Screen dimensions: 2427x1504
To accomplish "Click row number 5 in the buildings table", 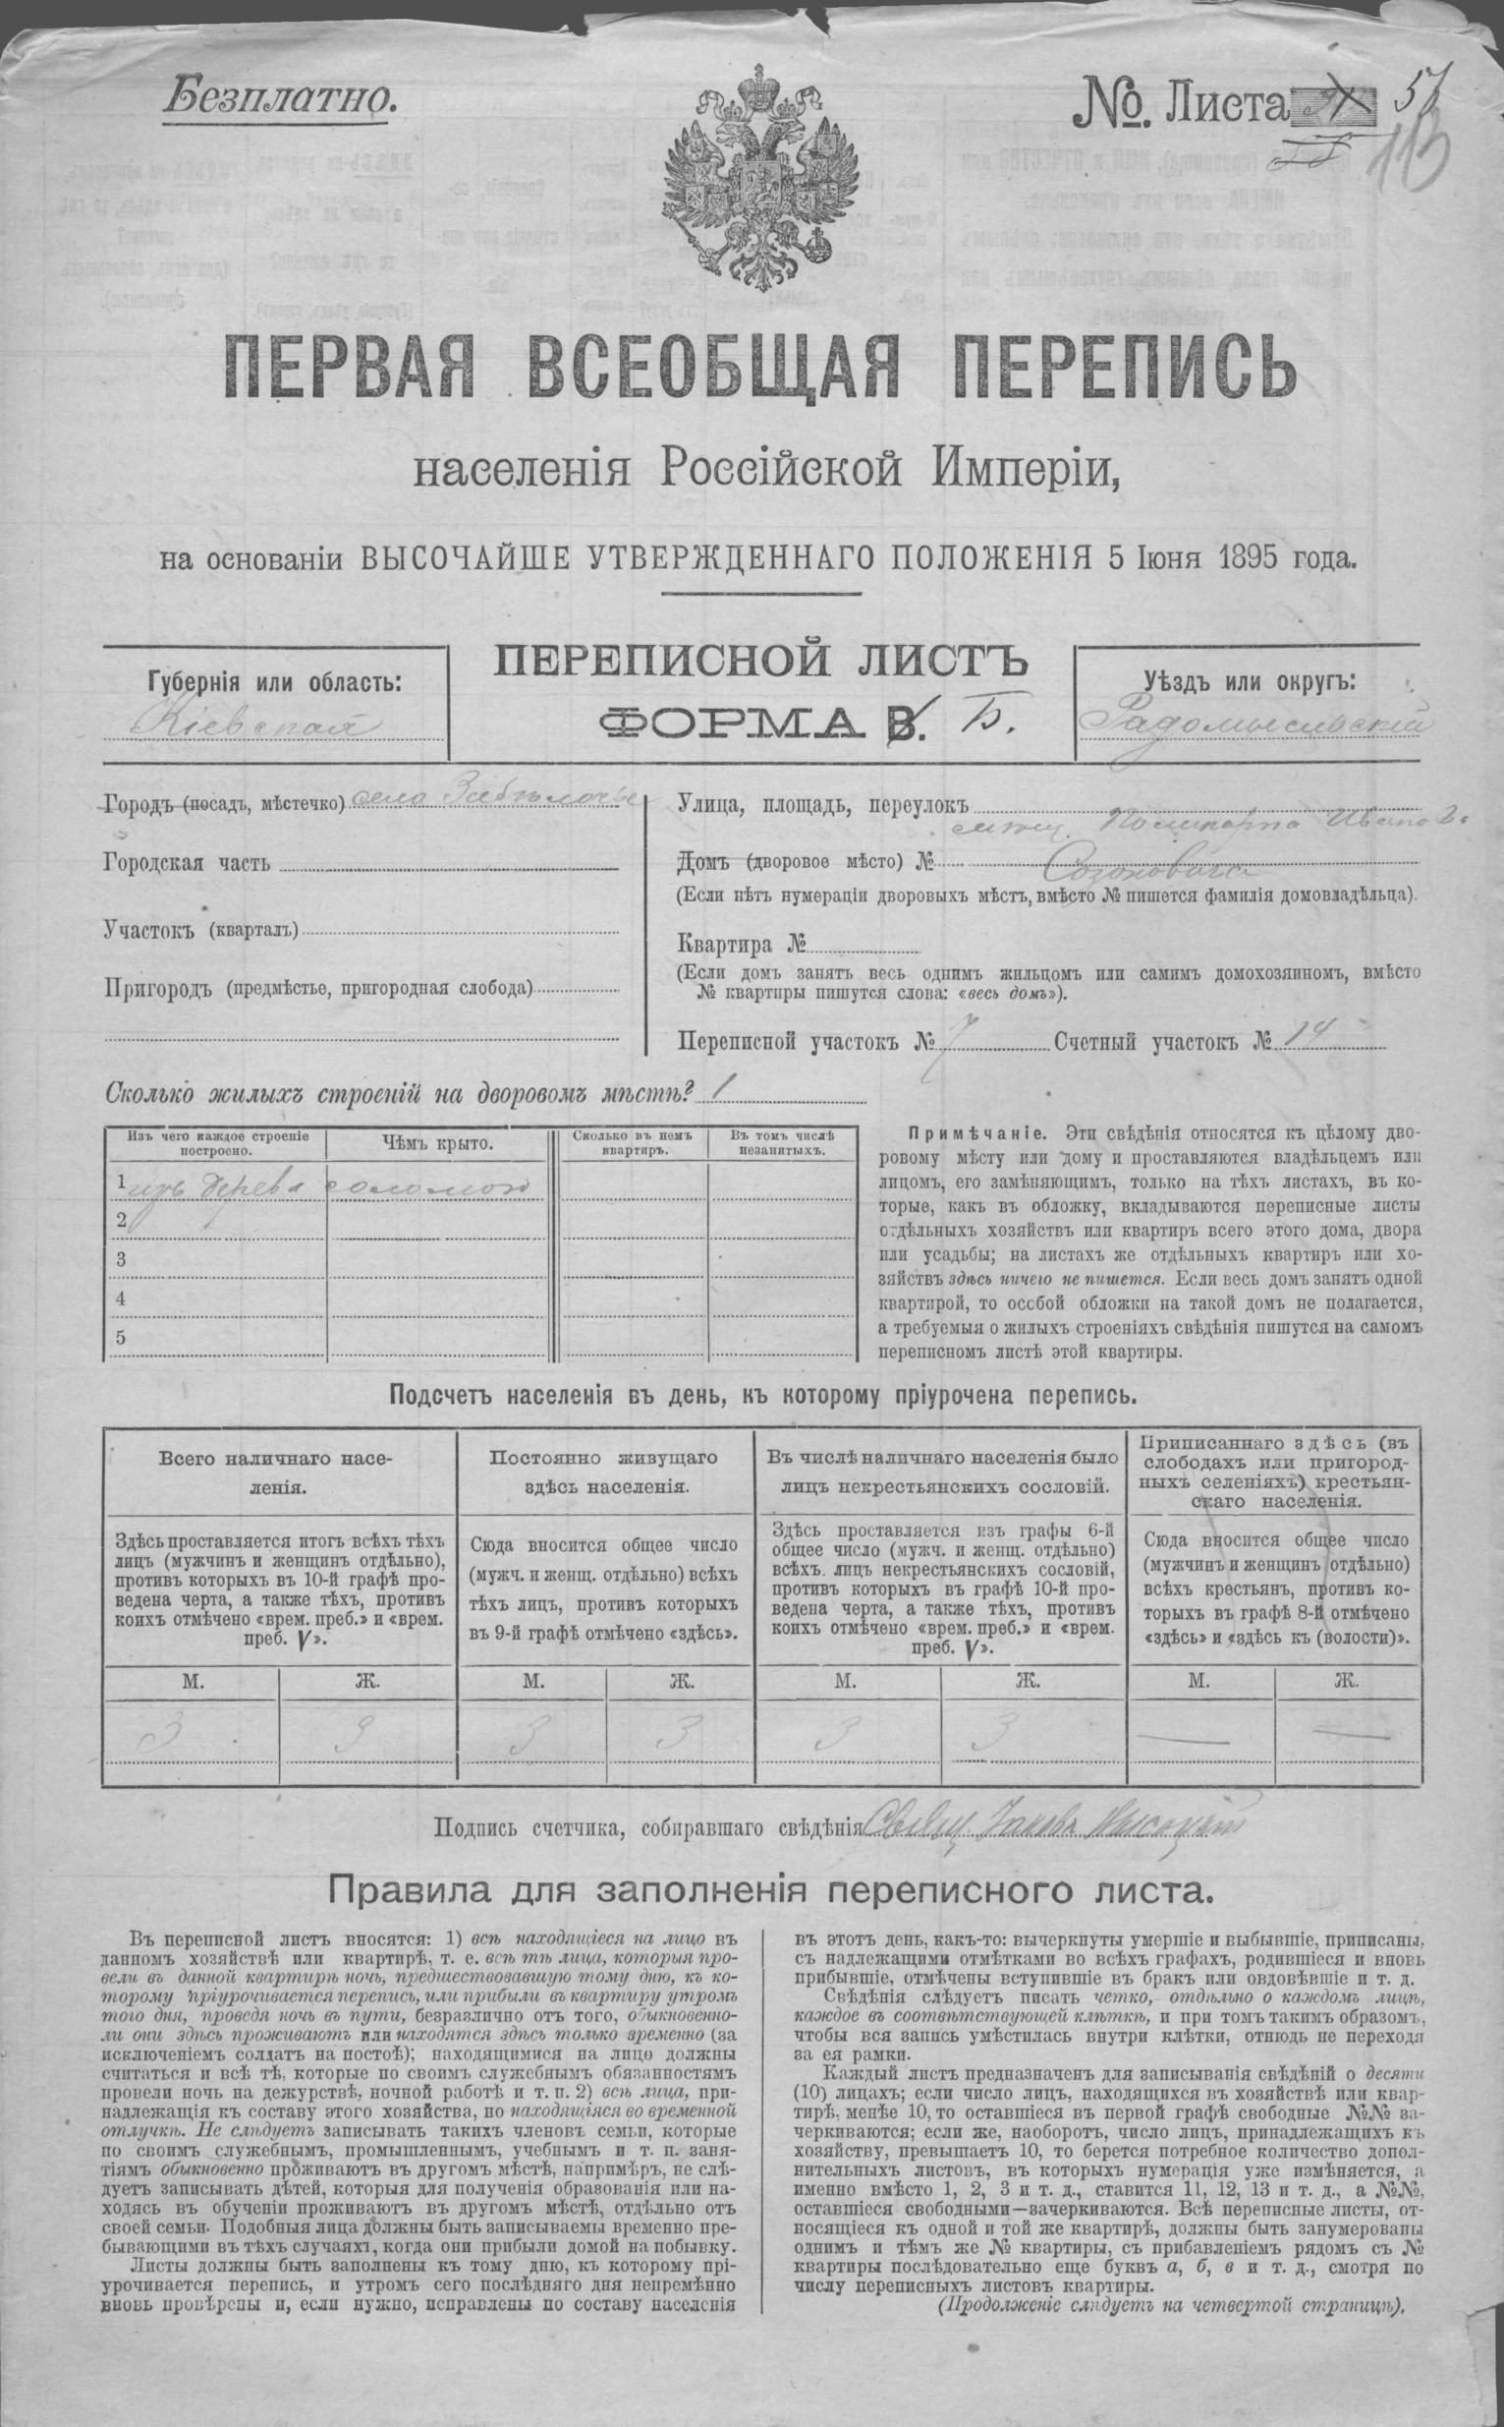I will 122,1337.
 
